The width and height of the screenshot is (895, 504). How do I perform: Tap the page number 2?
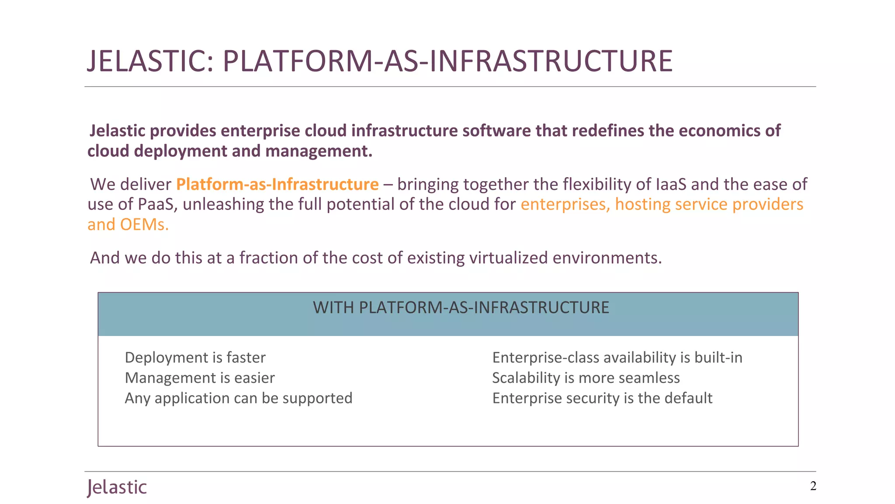pyautogui.click(x=813, y=486)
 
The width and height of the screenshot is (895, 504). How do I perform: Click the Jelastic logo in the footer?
pyautogui.click(x=117, y=487)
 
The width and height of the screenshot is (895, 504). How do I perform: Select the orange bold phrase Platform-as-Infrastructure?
pyautogui.click(x=277, y=185)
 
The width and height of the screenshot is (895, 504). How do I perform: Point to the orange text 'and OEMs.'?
pyautogui.click(x=128, y=225)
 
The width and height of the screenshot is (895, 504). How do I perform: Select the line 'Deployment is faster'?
pyautogui.click(x=195, y=358)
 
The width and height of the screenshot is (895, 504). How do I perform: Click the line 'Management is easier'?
pyautogui.click(x=200, y=378)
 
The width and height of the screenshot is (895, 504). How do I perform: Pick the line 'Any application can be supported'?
pyautogui.click(x=239, y=398)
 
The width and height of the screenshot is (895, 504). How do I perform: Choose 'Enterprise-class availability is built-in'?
pyautogui.click(x=617, y=358)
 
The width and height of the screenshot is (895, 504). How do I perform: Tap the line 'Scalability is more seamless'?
pyautogui.click(x=586, y=378)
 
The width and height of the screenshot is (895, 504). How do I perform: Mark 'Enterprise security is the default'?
pyautogui.click(x=602, y=398)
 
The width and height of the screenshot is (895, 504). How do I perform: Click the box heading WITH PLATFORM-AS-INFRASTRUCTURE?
pyautogui.click(x=461, y=308)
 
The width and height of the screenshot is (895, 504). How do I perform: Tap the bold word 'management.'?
pyautogui.click(x=319, y=151)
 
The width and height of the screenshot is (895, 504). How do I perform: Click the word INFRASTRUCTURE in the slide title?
pyautogui.click(x=551, y=61)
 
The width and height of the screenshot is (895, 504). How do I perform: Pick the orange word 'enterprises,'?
pyautogui.click(x=565, y=205)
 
